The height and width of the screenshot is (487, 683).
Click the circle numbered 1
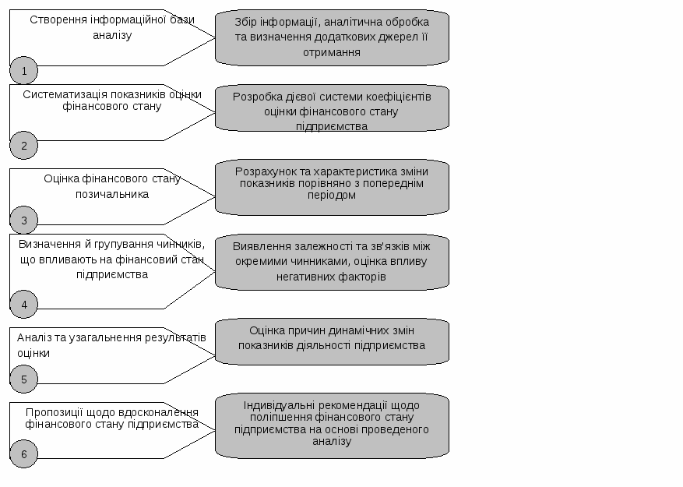[x=24, y=70]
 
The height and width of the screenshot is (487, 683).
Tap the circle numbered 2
[x=24, y=145]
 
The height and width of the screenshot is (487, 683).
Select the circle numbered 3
[x=24, y=221]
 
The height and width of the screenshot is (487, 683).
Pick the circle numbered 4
[x=24, y=305]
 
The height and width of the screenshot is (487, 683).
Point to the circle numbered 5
[x=24, y=379]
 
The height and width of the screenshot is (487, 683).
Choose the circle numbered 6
[x=24, y=453]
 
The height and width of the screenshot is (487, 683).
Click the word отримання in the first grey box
[x=332, y=53]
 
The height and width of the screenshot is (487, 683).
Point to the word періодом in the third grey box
[x=332, y=196]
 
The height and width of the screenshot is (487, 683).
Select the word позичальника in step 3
[x=112, y=195]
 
